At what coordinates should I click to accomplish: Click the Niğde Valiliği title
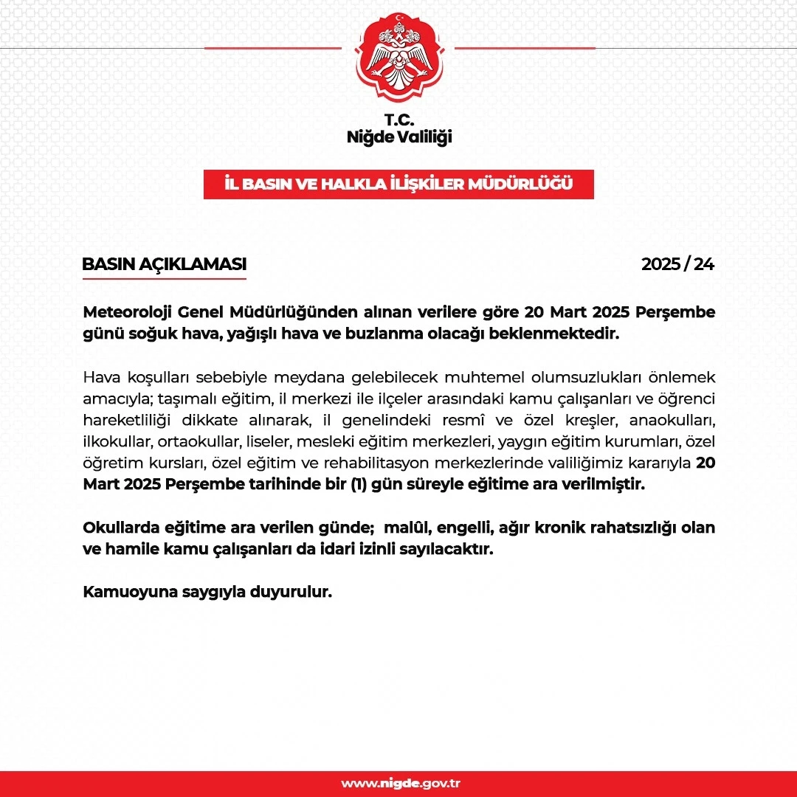coord(398,137)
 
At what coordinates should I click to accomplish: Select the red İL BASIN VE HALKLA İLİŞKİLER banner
coord(398,184)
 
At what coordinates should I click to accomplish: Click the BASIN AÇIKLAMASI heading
coord(164,264)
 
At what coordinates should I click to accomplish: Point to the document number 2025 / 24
coord(677,264)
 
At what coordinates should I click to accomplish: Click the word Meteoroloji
coord(127,312)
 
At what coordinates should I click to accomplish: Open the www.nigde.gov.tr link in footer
coord(401,783)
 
